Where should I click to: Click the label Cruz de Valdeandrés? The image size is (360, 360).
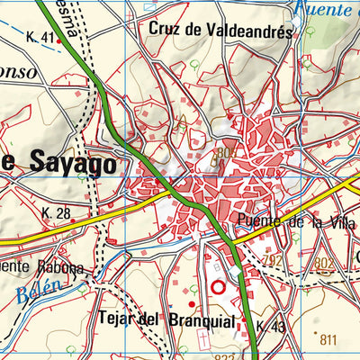pos(221,29)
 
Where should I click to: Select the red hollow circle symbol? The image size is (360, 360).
pos(217,288)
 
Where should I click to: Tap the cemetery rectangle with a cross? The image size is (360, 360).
pos(203,341)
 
